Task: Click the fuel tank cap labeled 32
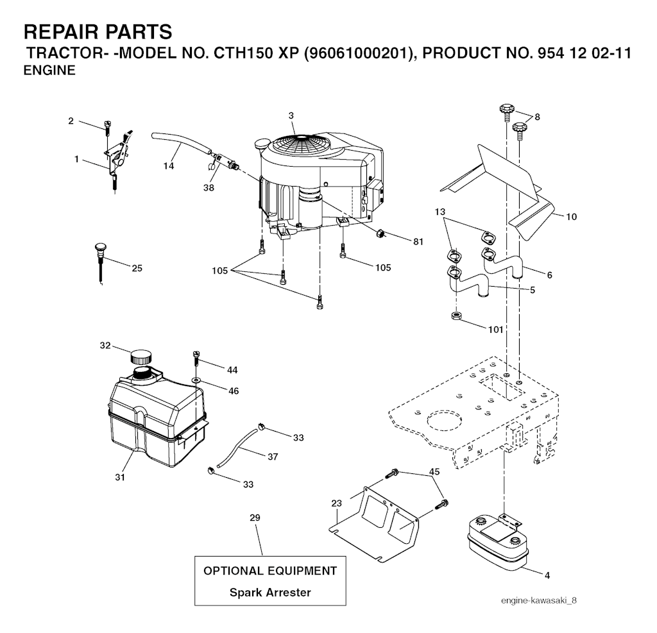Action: pos(141,356)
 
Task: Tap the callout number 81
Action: pos(418,242)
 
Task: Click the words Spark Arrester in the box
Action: pos(270,592)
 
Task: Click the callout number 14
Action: pos(168,166)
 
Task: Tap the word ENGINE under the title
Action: pos(49,72)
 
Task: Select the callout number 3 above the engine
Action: pos(291,115)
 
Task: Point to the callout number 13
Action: pos(439,212)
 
